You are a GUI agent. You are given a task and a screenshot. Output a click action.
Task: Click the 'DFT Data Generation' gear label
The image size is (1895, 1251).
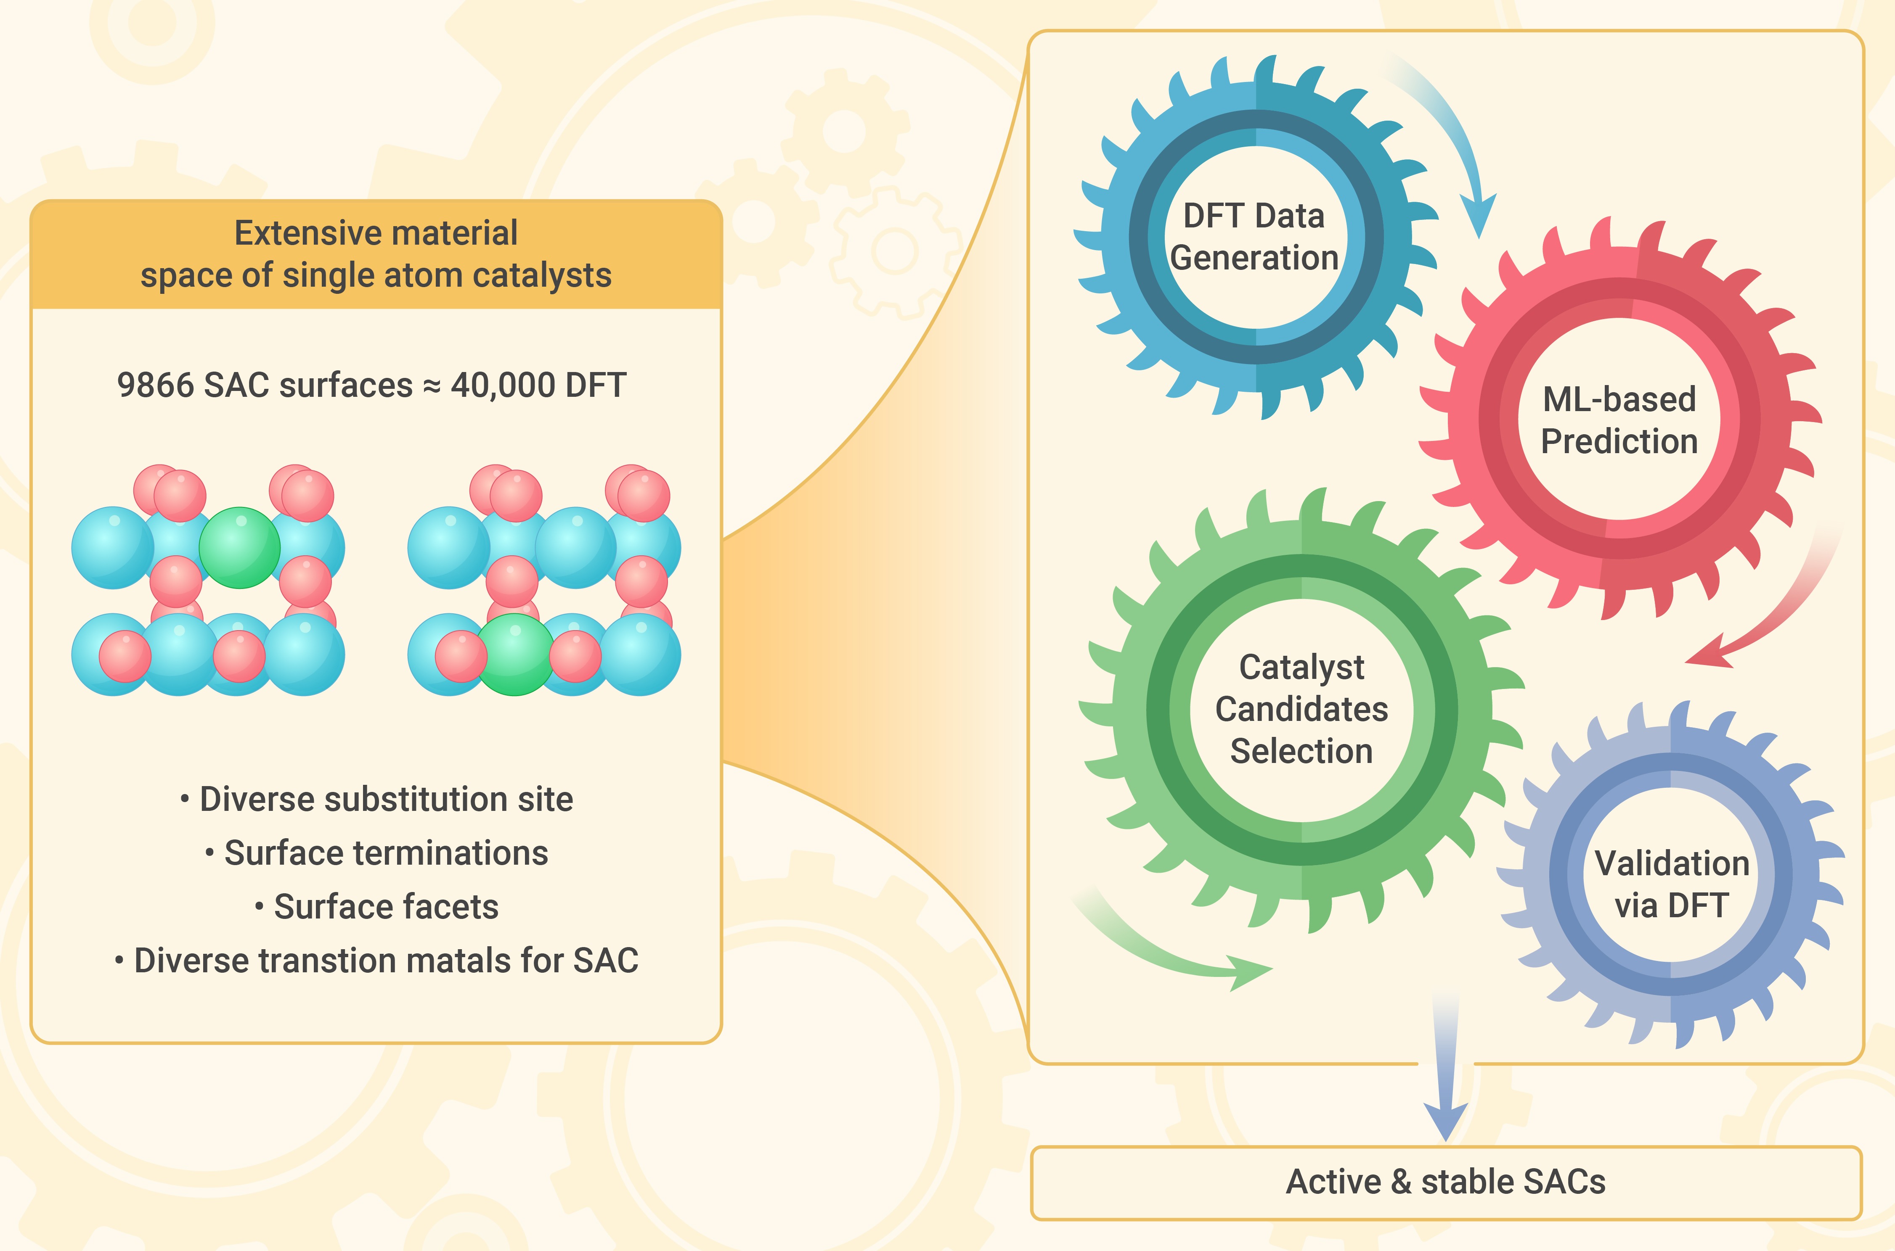coord(1254,237)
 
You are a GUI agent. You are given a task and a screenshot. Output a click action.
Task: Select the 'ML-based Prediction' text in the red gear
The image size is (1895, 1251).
coord(1619,420)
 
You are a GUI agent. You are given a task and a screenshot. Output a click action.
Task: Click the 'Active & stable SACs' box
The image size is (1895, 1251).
coord(1446,1182)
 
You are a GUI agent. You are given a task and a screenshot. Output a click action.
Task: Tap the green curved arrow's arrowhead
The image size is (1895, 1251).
coord(1249,972)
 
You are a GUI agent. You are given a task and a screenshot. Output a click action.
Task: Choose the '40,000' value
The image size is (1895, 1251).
coord(503,385)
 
